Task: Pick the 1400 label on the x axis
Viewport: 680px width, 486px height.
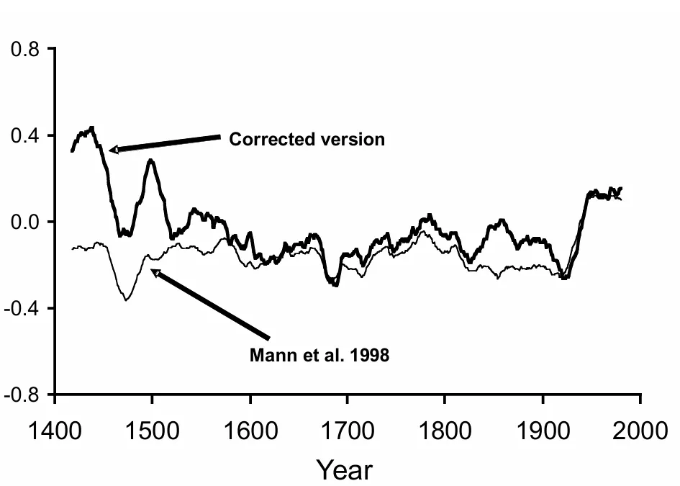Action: tap(54, 434)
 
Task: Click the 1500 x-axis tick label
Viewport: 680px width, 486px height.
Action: tap(152, 434)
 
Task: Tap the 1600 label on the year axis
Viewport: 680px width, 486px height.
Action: tap(250, 434)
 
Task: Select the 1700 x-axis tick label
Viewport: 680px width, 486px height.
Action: tap(348, 434)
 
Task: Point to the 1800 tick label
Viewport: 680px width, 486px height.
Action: tap(445, 434)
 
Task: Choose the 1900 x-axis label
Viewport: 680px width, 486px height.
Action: tap(543, 434)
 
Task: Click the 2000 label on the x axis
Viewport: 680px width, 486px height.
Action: tap(641, 434)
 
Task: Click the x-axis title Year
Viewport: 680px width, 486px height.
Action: tap(345, 470)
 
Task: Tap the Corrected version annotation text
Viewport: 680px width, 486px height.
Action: tap(307, 140)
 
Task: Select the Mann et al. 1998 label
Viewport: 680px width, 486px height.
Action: tap(319, 355)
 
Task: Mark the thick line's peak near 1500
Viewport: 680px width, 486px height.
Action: tap(150, 160)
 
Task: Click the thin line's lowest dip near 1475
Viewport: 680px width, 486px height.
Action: tap(126, 300)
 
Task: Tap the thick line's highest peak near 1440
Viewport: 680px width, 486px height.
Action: tap(92, 128)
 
